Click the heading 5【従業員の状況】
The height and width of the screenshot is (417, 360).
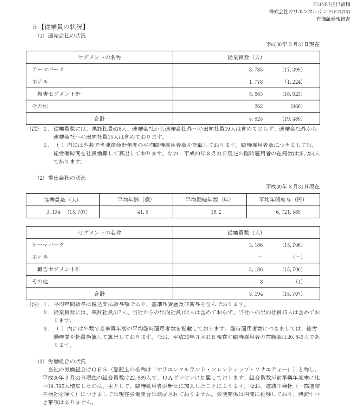(59, 26)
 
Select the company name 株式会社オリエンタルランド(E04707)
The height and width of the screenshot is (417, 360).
(309, 12)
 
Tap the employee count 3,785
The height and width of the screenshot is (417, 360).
(256, 70)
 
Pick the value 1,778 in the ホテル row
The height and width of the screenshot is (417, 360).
(256, 82)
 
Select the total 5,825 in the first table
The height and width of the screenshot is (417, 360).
(256, 119)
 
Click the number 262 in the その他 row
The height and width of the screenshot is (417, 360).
(258, 107)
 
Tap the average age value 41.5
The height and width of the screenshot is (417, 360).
(136, 212)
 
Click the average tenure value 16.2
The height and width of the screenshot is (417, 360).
(210, 212)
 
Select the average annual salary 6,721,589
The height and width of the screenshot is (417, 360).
(283, 212)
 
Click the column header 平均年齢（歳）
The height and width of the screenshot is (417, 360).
(136, 200)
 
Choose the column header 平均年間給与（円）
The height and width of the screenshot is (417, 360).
(283, 200)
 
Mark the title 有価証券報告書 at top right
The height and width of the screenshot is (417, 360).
(333, 19)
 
